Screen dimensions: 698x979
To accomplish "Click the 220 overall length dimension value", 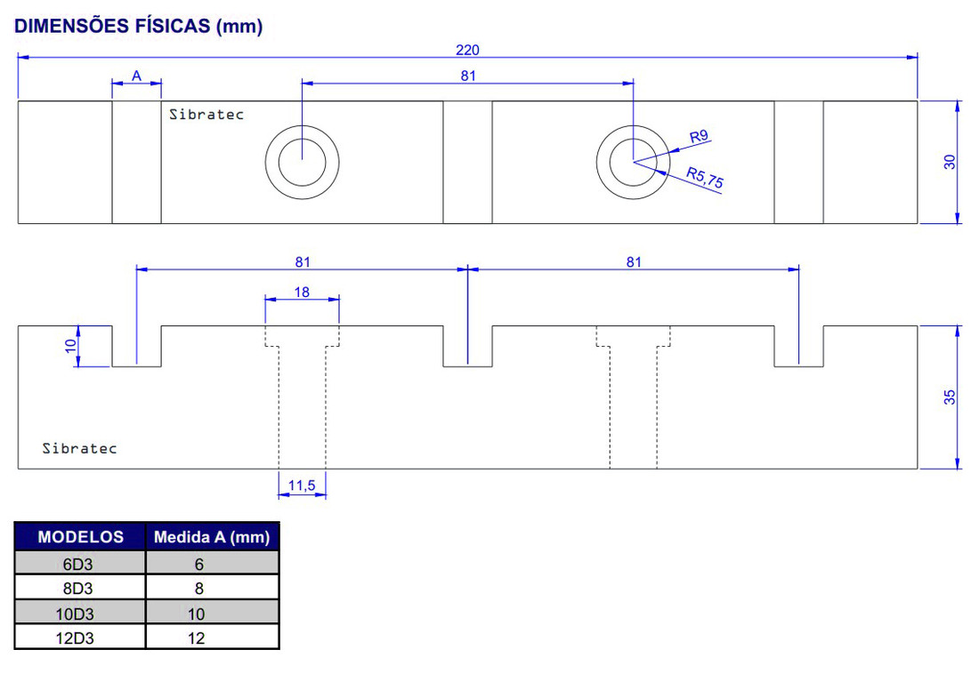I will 467,50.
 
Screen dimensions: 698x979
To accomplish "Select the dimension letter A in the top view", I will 136,76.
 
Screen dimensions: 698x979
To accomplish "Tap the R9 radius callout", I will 699,136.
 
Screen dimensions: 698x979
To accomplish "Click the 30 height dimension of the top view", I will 950,162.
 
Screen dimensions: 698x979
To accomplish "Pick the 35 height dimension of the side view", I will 950,397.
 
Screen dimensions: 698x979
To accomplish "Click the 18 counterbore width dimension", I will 302,292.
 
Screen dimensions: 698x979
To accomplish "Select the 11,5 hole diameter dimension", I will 302,485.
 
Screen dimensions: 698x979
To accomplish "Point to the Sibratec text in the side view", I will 79,448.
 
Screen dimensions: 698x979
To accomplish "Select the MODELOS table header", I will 80,537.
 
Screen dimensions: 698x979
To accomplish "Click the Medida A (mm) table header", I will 212,537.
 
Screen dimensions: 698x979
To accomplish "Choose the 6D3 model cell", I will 80,564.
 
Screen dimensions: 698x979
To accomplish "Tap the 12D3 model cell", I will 80,638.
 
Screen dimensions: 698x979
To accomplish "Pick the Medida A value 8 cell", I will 198,588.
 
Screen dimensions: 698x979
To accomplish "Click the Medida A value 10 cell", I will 197,614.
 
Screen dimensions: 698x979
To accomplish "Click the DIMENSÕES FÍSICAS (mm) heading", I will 138,26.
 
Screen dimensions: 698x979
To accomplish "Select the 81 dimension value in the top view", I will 468,76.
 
